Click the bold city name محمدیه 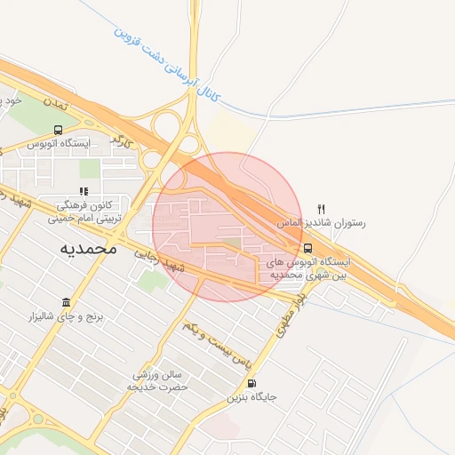pyautogui.click(x=87, y=248)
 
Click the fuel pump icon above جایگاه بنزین pyautogui.click(x=251, y=384)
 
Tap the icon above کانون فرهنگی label pyautogui.click(x=84, y=190)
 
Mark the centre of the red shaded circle pyautogui.click(x=227, y=227)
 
